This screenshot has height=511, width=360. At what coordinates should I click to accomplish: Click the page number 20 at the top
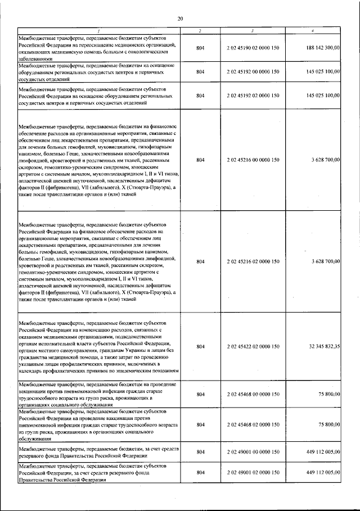(x=180, y=19)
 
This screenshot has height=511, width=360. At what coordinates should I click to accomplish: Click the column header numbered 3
(x=253, y=30)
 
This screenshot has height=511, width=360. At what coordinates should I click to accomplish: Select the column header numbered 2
(x=200, y=30)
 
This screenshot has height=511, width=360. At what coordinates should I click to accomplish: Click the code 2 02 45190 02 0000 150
(x=253, y=48)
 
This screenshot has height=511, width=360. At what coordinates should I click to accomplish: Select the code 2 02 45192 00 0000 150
(x=253, y=72)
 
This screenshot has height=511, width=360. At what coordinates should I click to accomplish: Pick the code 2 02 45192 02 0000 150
(x=253, y=96)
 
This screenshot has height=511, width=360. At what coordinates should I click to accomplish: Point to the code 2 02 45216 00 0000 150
(x=253, y=160)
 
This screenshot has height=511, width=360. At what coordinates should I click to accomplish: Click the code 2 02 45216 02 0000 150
(x=253, y=261)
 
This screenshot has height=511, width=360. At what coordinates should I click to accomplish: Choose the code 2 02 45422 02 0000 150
(x=253, y=347)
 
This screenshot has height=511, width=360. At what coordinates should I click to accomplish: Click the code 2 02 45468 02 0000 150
(x=253, y=425)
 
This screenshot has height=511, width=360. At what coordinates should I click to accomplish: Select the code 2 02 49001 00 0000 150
(x=253, y=451)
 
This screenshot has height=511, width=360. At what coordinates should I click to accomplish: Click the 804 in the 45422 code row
(x=200, y=347)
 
